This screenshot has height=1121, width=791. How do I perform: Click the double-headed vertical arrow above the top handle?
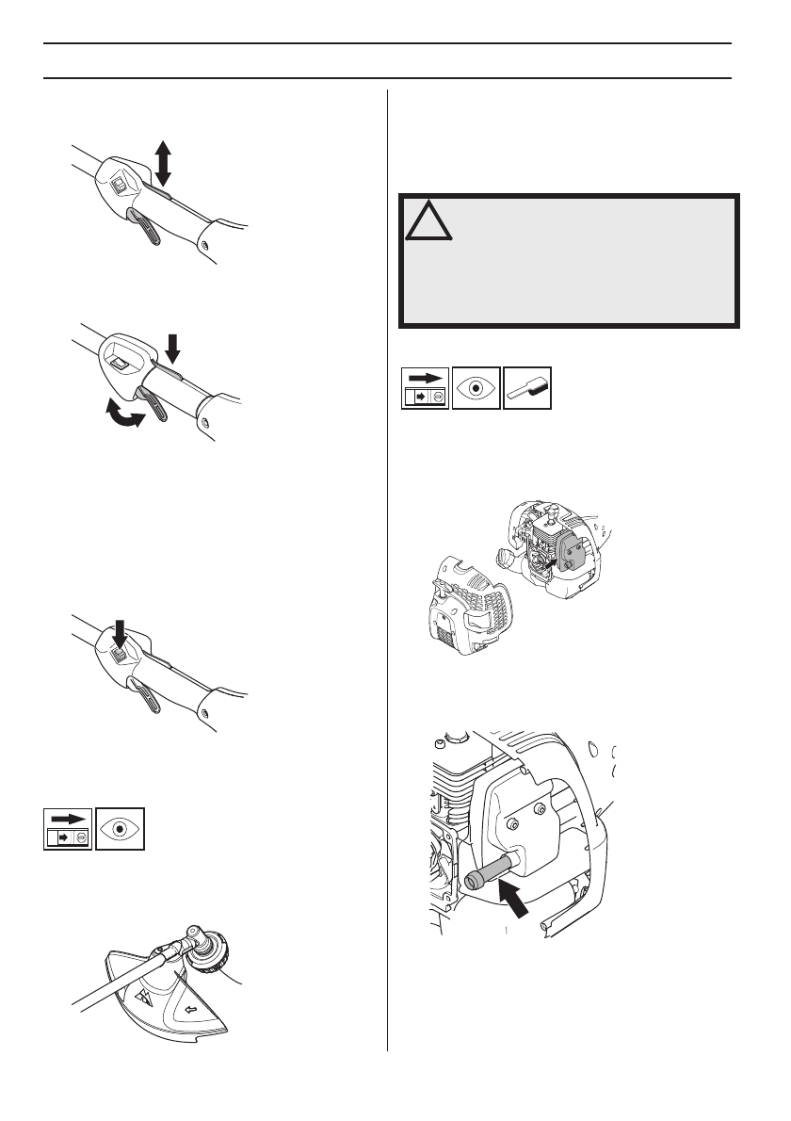click(x=163, y=162)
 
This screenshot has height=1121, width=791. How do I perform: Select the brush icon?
click(x=528, y=388)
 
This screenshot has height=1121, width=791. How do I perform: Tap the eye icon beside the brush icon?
click(x=476, y=388)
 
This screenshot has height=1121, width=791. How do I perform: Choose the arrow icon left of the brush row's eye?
click(x=425, y=388)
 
